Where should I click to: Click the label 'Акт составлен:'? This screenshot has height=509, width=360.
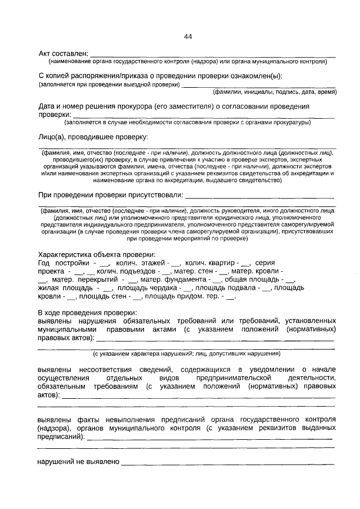[x=62, y=53]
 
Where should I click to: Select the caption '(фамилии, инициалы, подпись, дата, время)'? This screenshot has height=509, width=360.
[x=274, y=92]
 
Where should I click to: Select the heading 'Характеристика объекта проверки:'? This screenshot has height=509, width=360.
[x=96, y=254]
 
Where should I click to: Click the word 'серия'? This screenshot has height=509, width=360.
[x=264, y=263]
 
